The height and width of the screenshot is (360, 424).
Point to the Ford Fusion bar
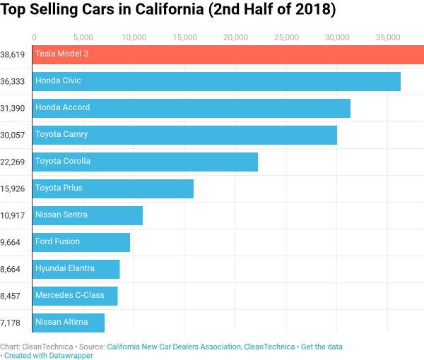pyautogui.click(x=81, y=242)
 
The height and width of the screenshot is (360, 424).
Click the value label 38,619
pyautogui.click(x=13, y=54)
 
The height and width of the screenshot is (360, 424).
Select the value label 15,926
pyautogui.click(x=13, y=188)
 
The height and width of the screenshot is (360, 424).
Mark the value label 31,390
pyautogui.click(x=13, y=108)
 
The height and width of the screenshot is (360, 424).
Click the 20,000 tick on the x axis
pyautogui.click(x=235, y=37)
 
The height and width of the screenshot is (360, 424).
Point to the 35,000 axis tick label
pyautogui.click(x=387, y=37)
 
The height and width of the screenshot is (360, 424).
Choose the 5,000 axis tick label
pyautogui.click(x=83, y=37)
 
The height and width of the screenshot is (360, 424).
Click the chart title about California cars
pyautogui.click(x=168, y=11)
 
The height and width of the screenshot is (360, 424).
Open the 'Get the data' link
pyautogui.click(x=326, y=347)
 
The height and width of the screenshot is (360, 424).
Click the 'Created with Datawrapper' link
pyautogui.click(x=49, y=356)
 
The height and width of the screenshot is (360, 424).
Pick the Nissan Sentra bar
pyautogui.click(x=88, y=215)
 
